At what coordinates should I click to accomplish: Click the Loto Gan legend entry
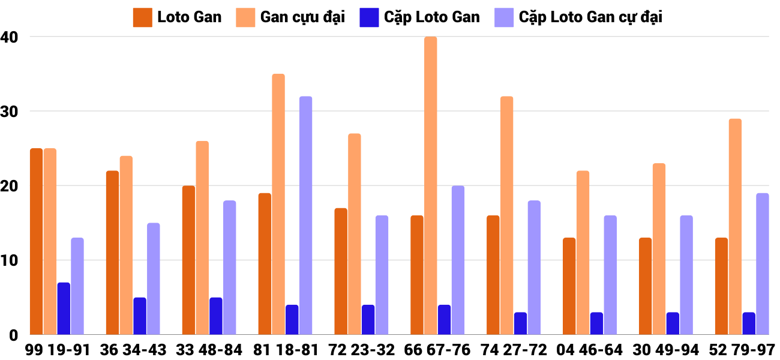coord(178,17)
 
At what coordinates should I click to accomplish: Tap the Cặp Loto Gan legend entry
coord(420,17)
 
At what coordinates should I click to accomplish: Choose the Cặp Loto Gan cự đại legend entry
coord(578,17)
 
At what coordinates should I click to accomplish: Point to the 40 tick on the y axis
coord(10,37)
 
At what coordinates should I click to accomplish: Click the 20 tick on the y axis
coord(10,186)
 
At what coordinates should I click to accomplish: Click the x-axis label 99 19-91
coord(58,350)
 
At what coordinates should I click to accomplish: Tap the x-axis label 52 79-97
coord(742,350)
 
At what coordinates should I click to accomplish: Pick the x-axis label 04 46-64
coord(590,350)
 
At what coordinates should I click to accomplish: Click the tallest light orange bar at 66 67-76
coord(430,186)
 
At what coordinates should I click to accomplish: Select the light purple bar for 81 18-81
coord(306,216)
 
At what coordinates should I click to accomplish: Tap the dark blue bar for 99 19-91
coord(64,309)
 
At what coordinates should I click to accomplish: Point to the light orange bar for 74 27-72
coord(506,216)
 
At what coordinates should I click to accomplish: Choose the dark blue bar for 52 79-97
coord(749,324)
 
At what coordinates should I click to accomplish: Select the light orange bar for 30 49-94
coord(659,250)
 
